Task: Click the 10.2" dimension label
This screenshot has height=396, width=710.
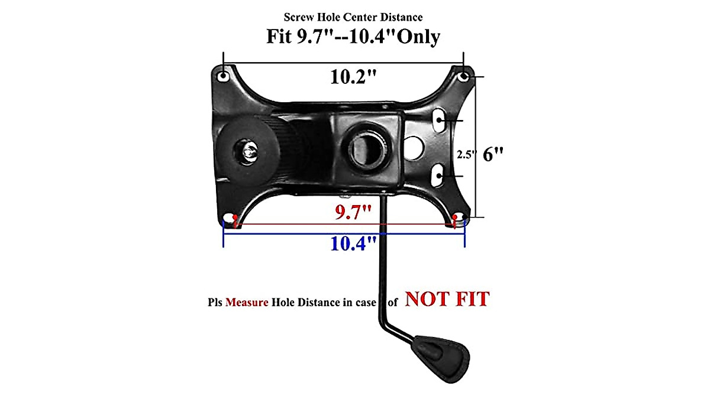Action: (353, 77)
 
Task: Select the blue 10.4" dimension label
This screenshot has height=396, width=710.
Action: (353, 242)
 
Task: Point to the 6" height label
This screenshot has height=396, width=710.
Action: (493, 154)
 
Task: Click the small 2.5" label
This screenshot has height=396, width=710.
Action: (465, 154)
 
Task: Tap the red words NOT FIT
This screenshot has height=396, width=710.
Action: (447, 299)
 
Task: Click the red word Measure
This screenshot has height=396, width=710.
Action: (246, 301)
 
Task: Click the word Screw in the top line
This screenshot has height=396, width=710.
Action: (298, 17)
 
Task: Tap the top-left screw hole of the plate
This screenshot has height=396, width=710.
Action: (223, 77)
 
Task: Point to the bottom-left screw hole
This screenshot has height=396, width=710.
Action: (229, 220)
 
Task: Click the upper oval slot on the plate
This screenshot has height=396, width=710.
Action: (441, 118)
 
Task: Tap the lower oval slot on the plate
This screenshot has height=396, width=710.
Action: (441, 174)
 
